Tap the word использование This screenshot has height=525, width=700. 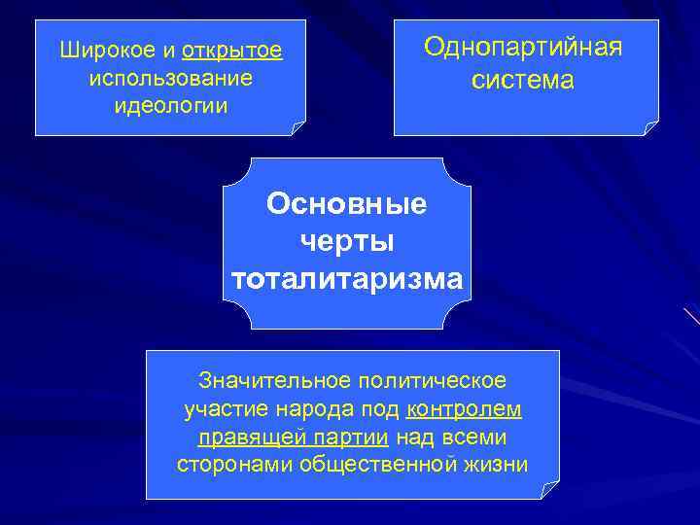(x=170, y=77)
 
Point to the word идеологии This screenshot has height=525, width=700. (x=170, y=105)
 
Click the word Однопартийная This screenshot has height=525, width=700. (x=523, y=48)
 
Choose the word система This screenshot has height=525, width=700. (x=523, y=82)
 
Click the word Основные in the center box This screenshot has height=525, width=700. (x=347, y=204)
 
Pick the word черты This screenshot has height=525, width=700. (x=347, y=242)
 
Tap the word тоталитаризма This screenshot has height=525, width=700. (x=347, y=279)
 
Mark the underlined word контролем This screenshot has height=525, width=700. (x=464, y=407)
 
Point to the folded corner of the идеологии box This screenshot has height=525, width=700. (x=297, y=128)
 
